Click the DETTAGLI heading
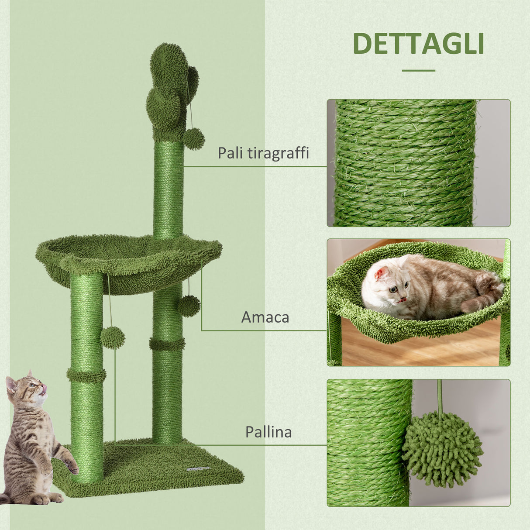point(418,43)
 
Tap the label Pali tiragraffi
point(263,153)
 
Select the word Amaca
point(265,317)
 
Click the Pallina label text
point(268,432)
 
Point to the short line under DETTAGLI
point(418,70)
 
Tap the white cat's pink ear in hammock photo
point(381,274)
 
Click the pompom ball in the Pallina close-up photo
point(442,450)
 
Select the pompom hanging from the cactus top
point(194,139)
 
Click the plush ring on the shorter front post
point(86,375)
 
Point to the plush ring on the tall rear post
point(167,344)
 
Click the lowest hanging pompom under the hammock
point(113,337)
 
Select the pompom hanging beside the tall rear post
point(189,306)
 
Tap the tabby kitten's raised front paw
point(71,467)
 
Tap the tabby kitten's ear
point(10,384)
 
